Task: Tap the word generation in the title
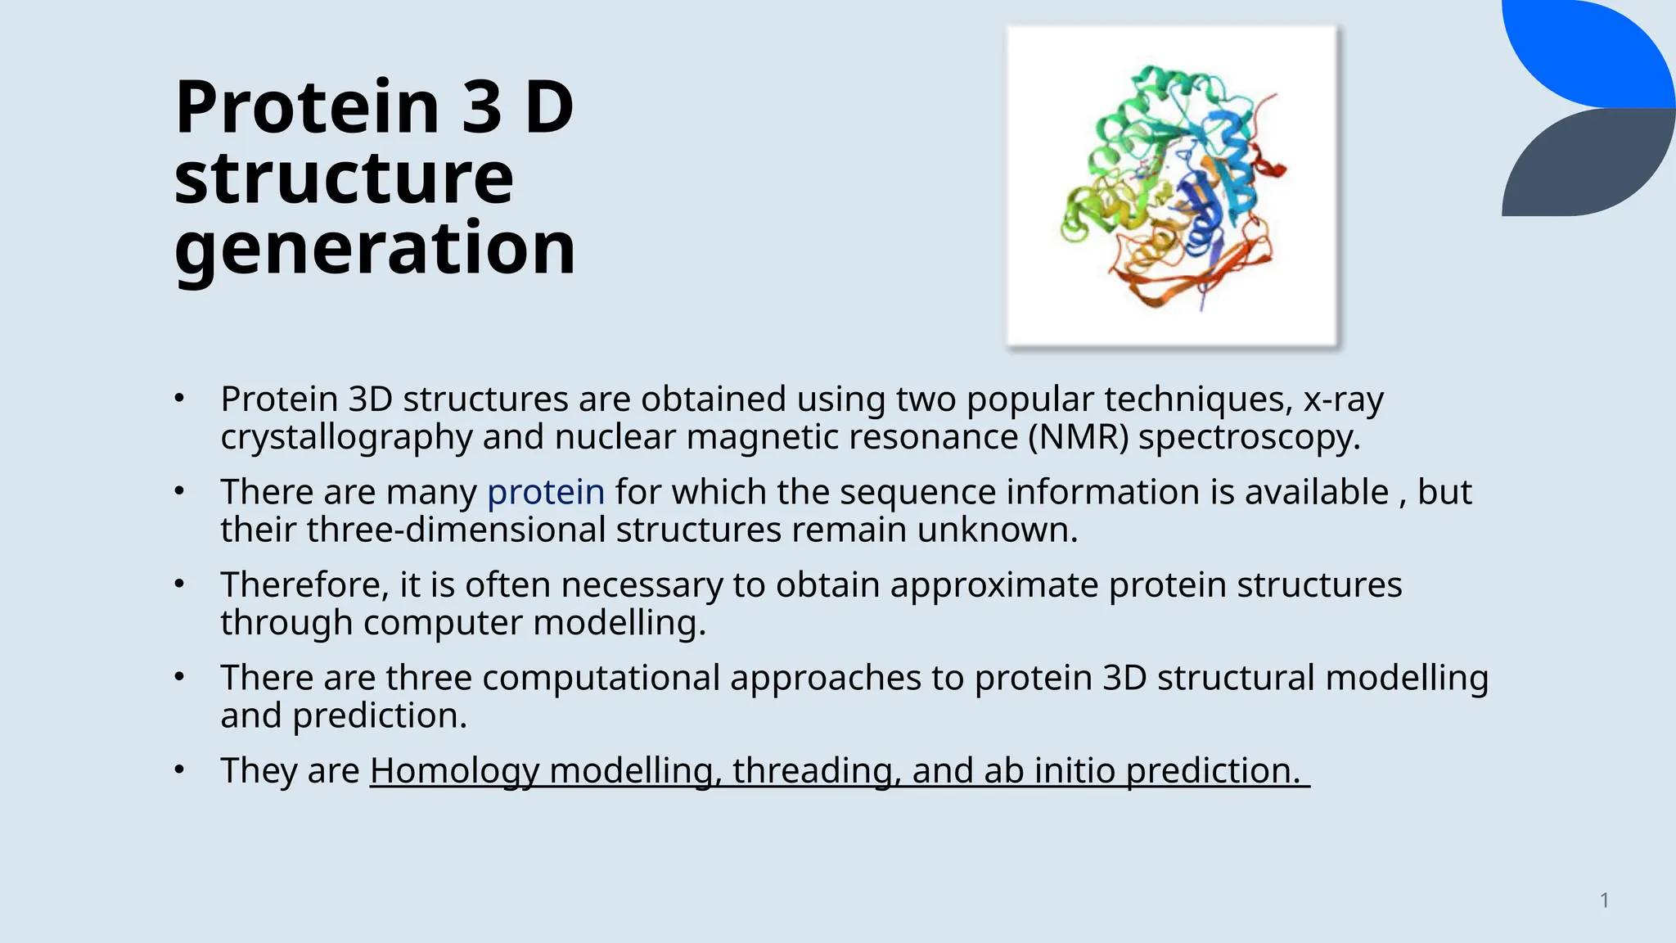click(375, 248)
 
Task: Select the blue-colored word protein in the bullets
click(546, 493)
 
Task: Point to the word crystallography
click(346, 437)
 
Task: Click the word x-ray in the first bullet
click(1343, 399)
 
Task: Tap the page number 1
click(1604, 900)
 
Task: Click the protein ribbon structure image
click(1172, 187)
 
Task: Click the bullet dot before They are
click(180, 770)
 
